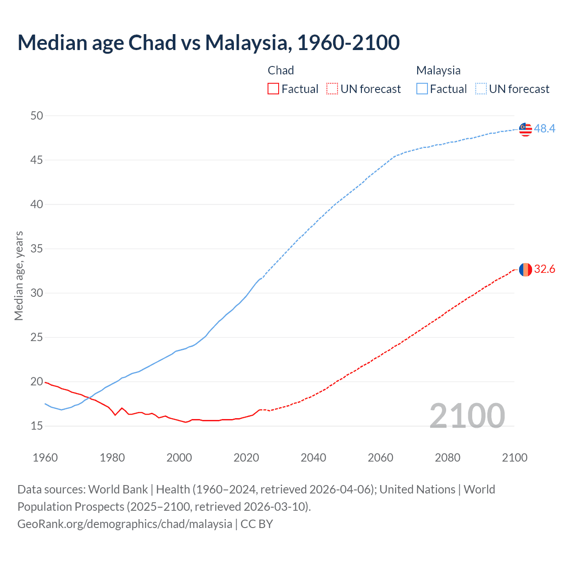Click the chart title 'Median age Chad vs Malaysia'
click(208, 43)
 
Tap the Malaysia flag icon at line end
click(525, 129)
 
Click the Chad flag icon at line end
click(525, 269)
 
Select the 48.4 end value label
click(544, 129)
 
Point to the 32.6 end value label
click(544, 269)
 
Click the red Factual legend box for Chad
click(273, 89)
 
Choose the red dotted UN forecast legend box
click(332, 89)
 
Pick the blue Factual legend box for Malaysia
click(422, 89)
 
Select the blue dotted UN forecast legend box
click(481, 89)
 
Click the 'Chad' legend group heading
click(281, 70)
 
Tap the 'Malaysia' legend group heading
click(438, 70)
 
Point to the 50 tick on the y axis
click(37, 116)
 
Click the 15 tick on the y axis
click(37, 426)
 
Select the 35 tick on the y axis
click(37, 249)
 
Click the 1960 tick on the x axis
click(45, 458)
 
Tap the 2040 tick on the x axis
click(313, 458)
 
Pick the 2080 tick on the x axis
click(447, 458)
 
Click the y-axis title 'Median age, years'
click(19, 276)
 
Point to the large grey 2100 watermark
click(467, 416)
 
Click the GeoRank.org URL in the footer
click(124, 524)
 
